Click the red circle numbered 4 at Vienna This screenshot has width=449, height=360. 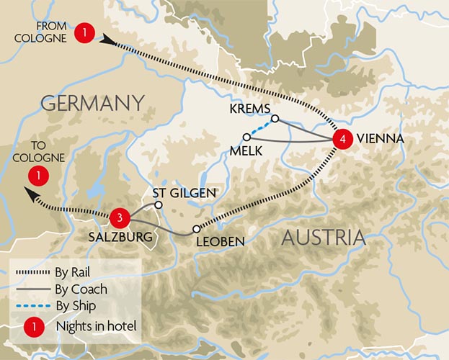342,138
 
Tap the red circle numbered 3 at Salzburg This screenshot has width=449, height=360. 122,216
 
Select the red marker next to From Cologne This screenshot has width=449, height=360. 86,32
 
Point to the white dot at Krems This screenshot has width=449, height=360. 275,119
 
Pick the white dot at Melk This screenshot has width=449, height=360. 246,137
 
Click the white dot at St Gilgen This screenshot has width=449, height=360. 159,204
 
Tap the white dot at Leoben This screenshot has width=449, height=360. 196,229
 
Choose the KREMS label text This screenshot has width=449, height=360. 249,108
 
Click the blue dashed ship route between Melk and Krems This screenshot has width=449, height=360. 261,127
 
